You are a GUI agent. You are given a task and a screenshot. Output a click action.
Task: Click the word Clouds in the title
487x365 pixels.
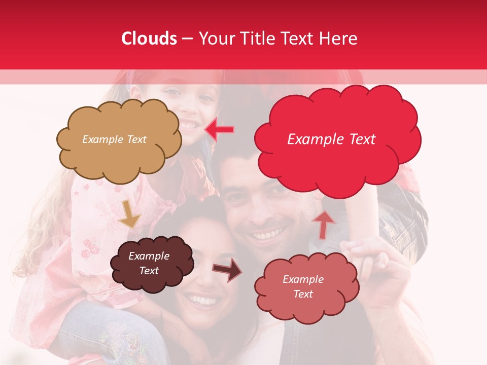pos(149,39)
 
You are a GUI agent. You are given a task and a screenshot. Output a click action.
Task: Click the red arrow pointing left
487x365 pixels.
pos(219,129)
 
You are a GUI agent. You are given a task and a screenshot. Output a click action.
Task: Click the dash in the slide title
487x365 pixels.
pos(187,39)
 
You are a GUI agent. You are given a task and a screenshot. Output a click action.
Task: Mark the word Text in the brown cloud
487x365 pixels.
pos(149,271)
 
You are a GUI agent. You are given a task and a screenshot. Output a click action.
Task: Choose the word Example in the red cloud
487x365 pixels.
pos(310,139)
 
